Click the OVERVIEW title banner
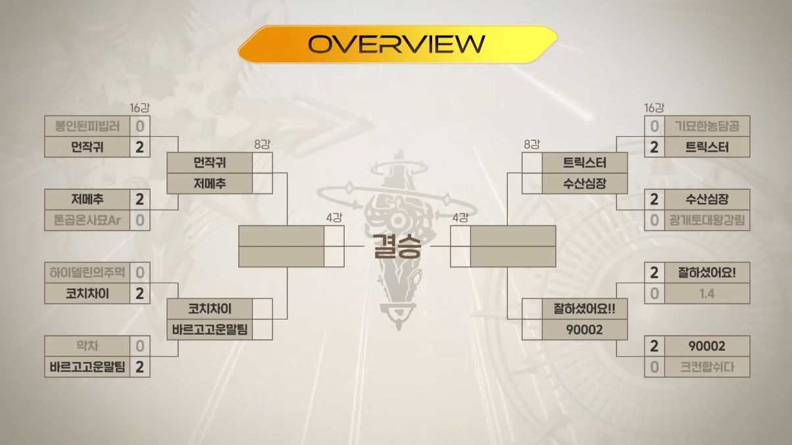tap(397, 44)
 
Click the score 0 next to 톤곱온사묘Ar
tap(139, 220)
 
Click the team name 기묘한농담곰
tap(706, 126)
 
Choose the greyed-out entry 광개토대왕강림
tap(706, 220)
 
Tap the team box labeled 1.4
tap(706, 293)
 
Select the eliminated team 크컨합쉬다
tap(706, 367)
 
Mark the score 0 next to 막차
tap(139, 346)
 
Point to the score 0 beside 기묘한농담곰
tap(654, 126)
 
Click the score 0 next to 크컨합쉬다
tap(654, 367)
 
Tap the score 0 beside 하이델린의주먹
tap(139, 272)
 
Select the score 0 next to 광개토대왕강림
tap(654, 220)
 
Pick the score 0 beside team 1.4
tap(654, 293)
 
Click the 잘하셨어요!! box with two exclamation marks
tap(575, 308)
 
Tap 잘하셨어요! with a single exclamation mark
tap(706, 272)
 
